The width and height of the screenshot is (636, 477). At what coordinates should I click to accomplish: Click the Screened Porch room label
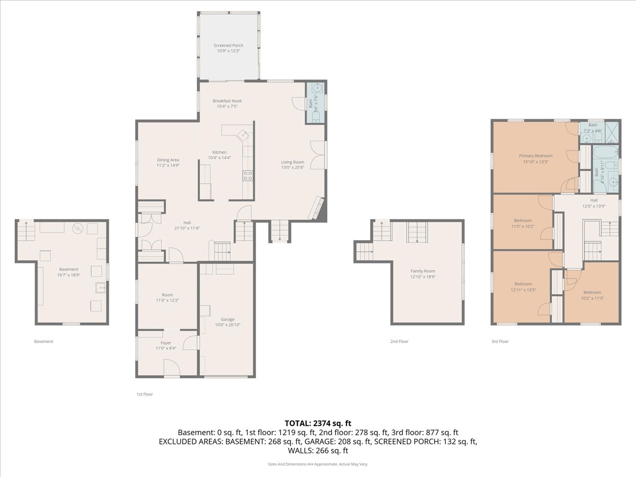click(x=228, y=46)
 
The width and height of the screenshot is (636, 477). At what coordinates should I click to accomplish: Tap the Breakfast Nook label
click(x=227, y=101)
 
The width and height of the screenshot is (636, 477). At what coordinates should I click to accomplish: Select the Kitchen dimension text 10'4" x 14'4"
click(x=219, y=158)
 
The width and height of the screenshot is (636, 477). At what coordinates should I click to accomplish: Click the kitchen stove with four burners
click(x=248, y=175)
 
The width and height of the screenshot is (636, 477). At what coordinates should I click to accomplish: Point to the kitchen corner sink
click(x=243, y=135)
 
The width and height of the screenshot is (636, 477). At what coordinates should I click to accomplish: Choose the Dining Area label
click(x=168, y=160)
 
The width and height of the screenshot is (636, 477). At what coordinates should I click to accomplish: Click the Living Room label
click(x=293, y=162)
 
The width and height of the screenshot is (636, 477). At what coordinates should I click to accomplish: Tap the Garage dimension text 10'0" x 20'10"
click(x=227, y=325)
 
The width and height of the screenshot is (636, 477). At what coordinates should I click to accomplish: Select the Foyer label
click(x=166, y=343)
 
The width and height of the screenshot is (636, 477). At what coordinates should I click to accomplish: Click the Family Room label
click(x=423, y=271)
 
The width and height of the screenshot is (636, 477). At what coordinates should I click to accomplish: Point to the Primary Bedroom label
click(x=535, y=156)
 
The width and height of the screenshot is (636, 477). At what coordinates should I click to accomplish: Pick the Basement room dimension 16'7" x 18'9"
click(x=69, y=275)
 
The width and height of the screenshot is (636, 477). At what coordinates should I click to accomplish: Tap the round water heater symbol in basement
click(x=78, y=229)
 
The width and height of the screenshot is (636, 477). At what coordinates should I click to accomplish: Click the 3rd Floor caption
click(x=500, y=341)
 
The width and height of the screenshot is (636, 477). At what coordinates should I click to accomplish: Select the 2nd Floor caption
click(x=399, y=341)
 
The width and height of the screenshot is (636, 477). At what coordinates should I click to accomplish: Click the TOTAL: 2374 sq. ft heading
click(x=318, y=423)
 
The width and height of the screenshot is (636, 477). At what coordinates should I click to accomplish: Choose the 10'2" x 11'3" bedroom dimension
click(x=592, y=298)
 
